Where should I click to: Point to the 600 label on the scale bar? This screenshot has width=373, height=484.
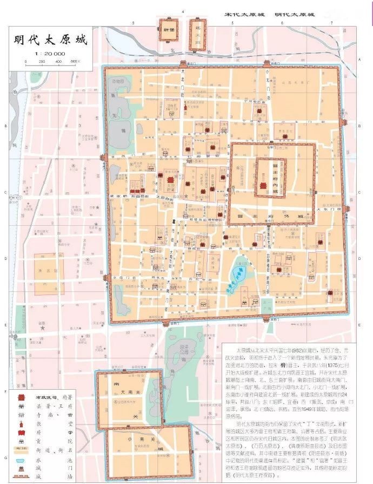[x=75, y=61]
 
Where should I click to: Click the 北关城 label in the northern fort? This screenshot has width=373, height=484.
[x=198, y=32]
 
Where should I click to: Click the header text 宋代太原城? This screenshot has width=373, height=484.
[x=244, y=14]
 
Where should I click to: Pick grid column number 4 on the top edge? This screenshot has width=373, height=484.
[x=184, y=11]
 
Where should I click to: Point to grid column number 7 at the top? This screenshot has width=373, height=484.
[x=331, y=23]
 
